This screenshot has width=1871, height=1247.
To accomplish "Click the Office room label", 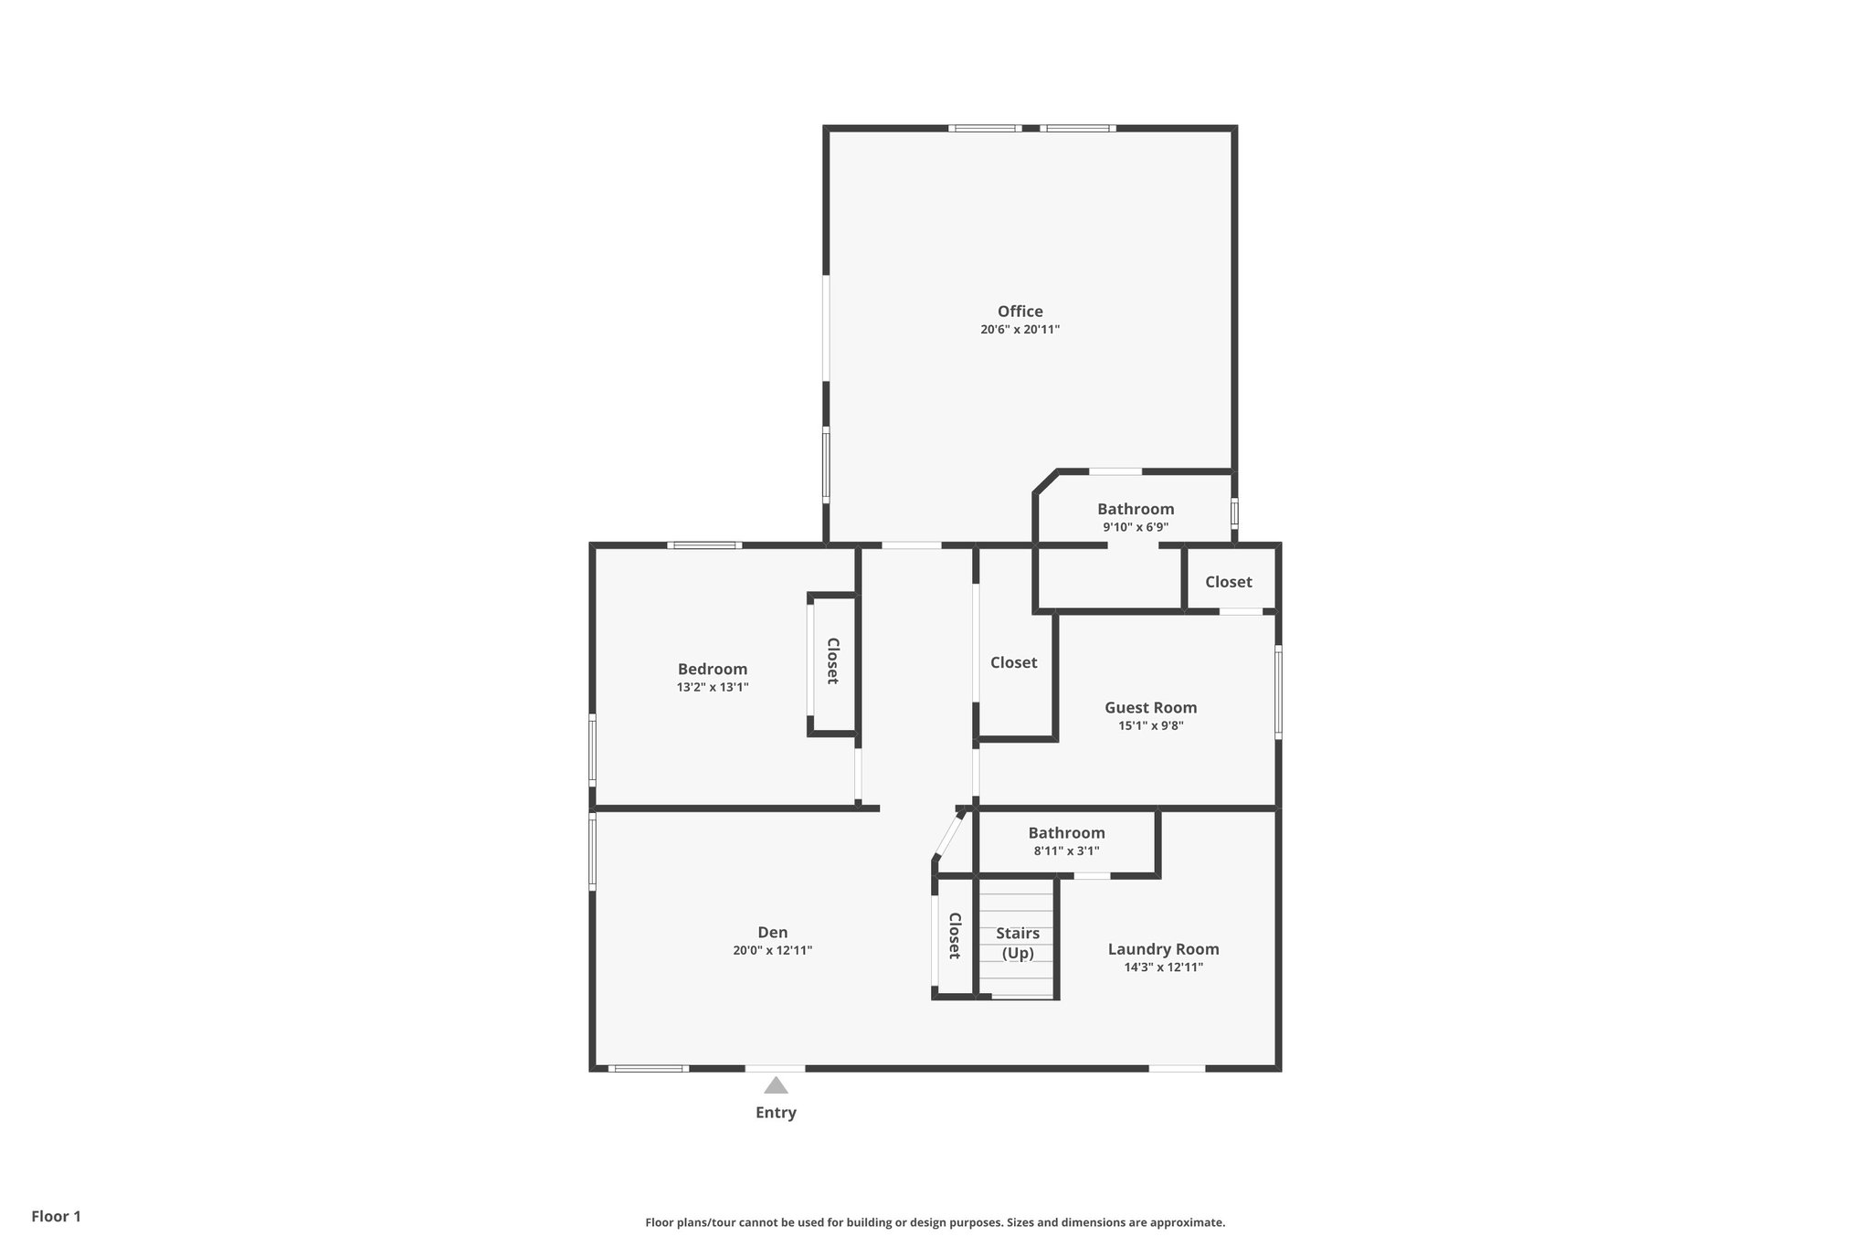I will point(1020,312).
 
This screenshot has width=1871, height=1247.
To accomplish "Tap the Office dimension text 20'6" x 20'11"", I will point(1020,330).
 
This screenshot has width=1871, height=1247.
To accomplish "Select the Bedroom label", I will point(712,669).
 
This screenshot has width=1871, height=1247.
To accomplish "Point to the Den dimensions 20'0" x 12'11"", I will point(772,950).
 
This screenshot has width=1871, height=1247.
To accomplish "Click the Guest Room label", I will point(1150,707).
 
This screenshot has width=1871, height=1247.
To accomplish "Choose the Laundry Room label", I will point(1163,949).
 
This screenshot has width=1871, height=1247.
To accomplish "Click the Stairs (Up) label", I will point(1017,943).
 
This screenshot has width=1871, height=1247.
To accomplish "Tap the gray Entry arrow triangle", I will point(776,1085).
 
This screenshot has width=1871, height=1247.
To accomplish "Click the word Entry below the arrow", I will point(776,1113).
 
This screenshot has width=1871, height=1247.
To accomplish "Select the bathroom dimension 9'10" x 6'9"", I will point(1136,527).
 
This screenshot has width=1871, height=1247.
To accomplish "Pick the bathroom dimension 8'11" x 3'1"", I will point(1066,851).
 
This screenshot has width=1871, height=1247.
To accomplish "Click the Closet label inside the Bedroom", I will point(832,660).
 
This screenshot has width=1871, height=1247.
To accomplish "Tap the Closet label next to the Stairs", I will point(954,935).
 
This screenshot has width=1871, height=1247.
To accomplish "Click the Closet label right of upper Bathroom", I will point(1228,582).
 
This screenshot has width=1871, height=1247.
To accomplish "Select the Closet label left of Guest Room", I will point(1013,662).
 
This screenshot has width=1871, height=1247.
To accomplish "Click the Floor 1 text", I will point(56,1216).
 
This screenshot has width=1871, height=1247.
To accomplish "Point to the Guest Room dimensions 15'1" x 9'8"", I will point(1150,726).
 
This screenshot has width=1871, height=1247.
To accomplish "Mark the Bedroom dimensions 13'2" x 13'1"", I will point(712,687).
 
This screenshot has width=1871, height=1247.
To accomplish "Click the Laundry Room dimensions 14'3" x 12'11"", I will point(1163,967).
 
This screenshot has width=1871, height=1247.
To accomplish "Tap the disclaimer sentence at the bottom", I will point(935,1222).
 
